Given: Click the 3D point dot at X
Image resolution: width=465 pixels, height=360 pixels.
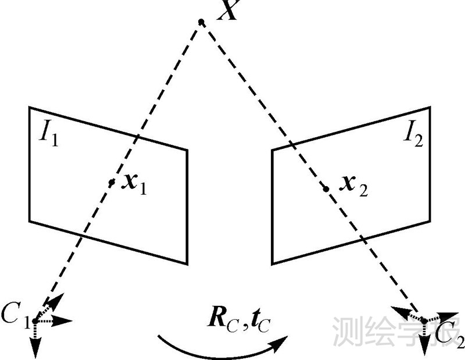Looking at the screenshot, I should (x=201, y=22).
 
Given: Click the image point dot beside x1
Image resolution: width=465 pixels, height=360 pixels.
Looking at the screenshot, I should (x=112, y=182).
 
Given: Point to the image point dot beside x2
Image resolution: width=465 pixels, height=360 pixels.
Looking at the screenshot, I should (x=326, y=188).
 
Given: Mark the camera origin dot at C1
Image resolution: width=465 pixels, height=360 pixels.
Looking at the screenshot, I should (x=35, y=320).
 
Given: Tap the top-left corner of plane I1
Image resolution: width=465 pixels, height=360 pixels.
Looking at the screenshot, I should (x=30, y=107).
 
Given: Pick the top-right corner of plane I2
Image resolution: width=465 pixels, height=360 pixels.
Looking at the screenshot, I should (x=430, y=107).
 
